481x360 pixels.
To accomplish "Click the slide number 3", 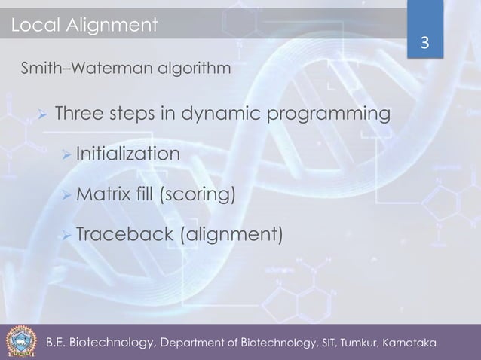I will click(x=424, y=44).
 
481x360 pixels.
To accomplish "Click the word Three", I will click(x=81, y=115).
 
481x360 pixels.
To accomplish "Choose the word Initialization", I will click(x=127, y=155).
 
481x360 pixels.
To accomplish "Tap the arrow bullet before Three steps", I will click(x=43, y=116).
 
